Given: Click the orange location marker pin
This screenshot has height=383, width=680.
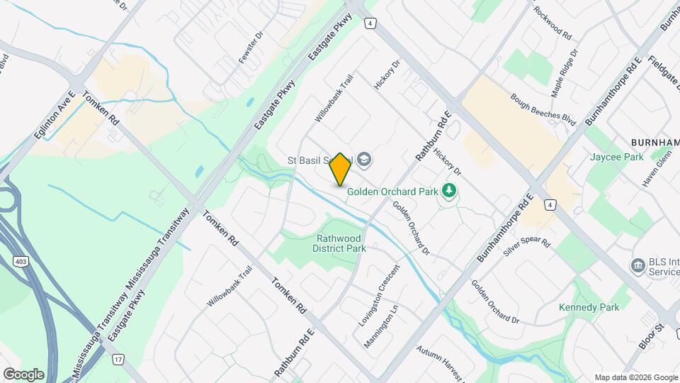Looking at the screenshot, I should tap(341, 169).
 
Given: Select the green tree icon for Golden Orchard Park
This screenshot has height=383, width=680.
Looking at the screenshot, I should tap(448, 190).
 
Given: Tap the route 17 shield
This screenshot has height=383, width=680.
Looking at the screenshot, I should tap(118, 360).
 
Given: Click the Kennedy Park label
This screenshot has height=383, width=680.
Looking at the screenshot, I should tap(589, 307).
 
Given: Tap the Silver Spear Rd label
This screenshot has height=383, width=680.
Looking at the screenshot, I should tap(526, 248).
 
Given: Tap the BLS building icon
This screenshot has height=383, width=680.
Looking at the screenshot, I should tap(636, 266).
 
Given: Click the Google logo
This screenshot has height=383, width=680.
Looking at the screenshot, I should tap(24, 373).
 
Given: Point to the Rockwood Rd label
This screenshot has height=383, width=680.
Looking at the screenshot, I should tap(552, 22).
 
